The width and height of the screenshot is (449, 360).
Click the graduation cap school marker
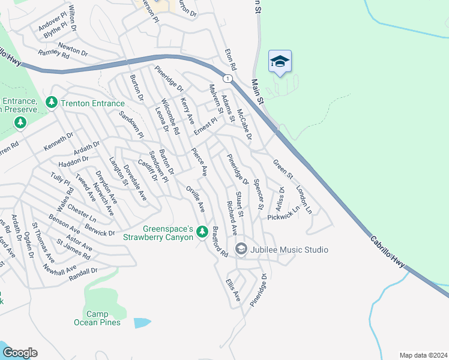point(280,62)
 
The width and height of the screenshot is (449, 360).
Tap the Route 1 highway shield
point(227,79)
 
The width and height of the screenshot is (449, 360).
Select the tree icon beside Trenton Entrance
point(52,103)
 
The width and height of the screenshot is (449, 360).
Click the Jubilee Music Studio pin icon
point(241,248)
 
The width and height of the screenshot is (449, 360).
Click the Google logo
point(19,353)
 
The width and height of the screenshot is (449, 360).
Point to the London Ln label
point(304,199)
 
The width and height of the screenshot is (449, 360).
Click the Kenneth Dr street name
point(58,143)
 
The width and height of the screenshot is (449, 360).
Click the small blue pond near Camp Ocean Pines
point(143,322)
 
